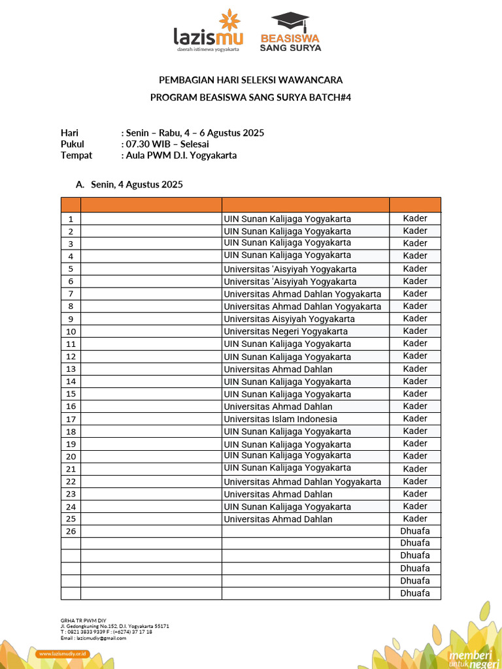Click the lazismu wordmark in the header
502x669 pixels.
[x=208, y=37]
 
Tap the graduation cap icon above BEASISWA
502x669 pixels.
[x=290, y=21]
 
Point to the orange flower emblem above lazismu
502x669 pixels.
[x=229, y=20]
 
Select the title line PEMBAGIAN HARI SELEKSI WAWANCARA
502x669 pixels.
[x=251, y=80]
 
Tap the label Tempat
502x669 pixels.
[x=76, y=155]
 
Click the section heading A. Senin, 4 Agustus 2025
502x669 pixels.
[x=129, y=185]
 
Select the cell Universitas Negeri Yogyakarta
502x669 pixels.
[x=286, y=331]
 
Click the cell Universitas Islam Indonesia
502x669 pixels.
[x=280, y=419]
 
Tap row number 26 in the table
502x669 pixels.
[x=71, y=531]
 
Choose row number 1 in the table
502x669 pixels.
[x=71, y=219]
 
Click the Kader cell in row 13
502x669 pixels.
[x=415, y=368]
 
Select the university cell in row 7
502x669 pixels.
[x=302, y=294]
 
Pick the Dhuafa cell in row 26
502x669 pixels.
[x=415, y=530]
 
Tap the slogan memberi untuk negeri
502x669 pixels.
[x=469, y=659]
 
